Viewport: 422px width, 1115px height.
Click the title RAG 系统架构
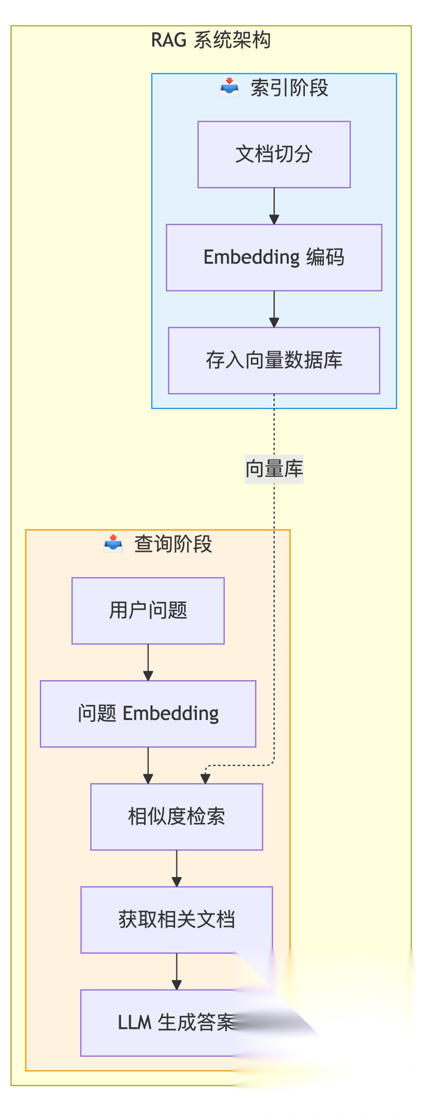pyautogui.click(x=211, y=40)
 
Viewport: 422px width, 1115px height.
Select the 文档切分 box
pyautogui.click(x=274, y=155)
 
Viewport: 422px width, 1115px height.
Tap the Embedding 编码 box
pyautogui.click(x=274, y=257)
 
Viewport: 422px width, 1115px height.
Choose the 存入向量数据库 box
pyautogui.click(x=274, y=361)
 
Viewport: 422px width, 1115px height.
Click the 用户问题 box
pyautogui.click(x=148, y=611)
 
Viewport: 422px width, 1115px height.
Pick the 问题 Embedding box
pyautogui.click(x=148, y=714)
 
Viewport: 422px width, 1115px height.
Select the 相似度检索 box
pyautogui.click(x=177, y=817)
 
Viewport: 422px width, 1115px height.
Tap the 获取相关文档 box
pyautogui.click(x=177, y=920)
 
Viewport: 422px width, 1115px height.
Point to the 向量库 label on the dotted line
pyautogui.click(x=274, y=469)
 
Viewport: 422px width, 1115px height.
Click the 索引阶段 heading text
pyautogui.click(x=289, y=88)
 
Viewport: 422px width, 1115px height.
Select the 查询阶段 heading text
pyautogui.click(x=173, y=544)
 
